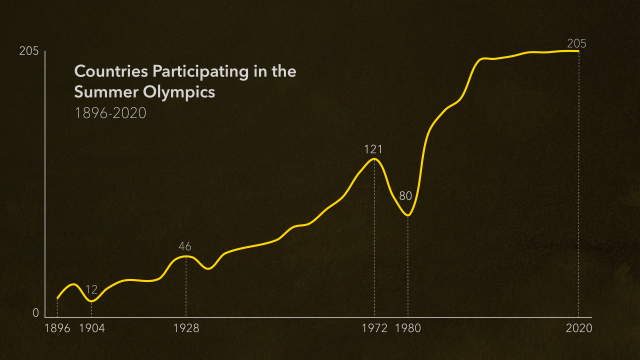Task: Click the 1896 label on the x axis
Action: point(58,328)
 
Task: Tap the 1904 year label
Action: point(91,328)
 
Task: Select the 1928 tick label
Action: point(186,328)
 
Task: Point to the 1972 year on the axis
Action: point(374,328)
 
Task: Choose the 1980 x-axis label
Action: point(408,328)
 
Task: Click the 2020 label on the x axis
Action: point(579,328)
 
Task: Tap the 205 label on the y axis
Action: point(28,52)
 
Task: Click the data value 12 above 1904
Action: point(91,289)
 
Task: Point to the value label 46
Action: point(185,246)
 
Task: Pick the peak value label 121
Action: point(374,149)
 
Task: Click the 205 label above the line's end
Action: point(577,43)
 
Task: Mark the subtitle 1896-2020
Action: point(110,112)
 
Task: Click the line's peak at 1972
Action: point(374,159)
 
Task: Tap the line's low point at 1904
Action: point(91,300)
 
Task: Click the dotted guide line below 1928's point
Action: point(186,290)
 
